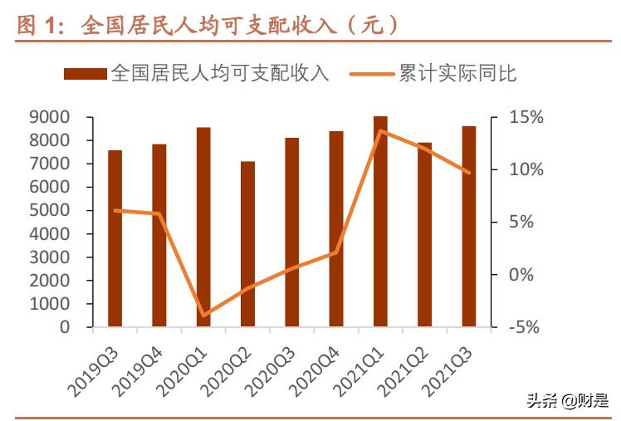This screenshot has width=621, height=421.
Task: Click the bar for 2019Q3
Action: click(x=115, y=238)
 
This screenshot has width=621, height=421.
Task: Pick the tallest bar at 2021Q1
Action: click(x=380, y=222)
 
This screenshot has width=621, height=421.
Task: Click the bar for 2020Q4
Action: click(x=336, y=228)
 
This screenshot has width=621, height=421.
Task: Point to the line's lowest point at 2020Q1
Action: click(x=203, y=316)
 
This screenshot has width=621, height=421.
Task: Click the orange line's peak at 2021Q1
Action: click(x=380, y=130)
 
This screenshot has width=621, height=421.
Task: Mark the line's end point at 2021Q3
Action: click(x=469, y=173)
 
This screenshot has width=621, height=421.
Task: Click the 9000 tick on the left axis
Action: click(x=53, y=118)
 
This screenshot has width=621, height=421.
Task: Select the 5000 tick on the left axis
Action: click(x=53, y=211)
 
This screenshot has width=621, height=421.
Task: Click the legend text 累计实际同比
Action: click(x=457, y=74)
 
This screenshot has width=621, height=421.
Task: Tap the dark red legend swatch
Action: click(x=85, y=75)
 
